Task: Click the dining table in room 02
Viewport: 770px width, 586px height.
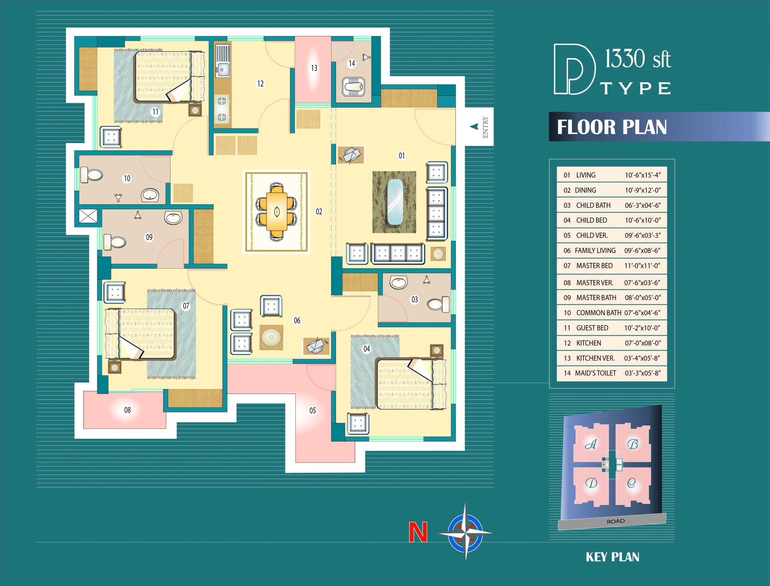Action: tap(277, 211)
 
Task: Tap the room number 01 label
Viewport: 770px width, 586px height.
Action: tap(402, 156)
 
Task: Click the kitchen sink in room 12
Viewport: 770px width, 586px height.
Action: tap(222, 61)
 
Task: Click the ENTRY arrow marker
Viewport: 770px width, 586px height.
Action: tap(474, 127)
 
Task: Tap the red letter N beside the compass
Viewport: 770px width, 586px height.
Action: tap(418, 532)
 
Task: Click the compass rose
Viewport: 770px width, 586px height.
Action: tap(465, 533)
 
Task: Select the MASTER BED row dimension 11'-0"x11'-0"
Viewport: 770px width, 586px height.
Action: tap(642, 266)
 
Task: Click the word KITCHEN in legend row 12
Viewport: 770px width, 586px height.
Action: tap(589, 343)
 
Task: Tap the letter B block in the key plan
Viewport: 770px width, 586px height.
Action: tap(633, 444)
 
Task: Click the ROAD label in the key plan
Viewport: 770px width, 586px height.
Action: tap(616, 521)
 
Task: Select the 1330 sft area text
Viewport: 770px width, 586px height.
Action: tap(638, 59)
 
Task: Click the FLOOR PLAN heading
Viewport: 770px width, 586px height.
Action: tap(611, 127)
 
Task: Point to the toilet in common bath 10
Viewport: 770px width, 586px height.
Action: tap(91, 174)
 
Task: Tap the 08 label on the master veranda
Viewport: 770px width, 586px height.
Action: tap(128, 410)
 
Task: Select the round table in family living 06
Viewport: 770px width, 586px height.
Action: tap(271, 337)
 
